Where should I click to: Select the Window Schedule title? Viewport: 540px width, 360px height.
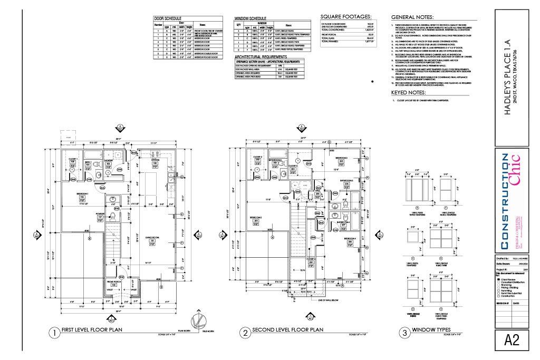coord(250,18)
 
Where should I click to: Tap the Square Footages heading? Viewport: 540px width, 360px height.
coord(345,17)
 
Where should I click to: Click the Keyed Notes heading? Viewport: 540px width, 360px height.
coord(408,93)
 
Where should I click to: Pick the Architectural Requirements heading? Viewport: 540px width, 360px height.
coord(261,56)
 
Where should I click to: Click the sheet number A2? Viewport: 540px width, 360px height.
coord(512,340)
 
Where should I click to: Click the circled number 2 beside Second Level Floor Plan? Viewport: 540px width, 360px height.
coord(245,333)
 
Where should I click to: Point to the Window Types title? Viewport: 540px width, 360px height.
coord(428,330)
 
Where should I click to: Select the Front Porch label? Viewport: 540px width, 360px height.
coord(114,282)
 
